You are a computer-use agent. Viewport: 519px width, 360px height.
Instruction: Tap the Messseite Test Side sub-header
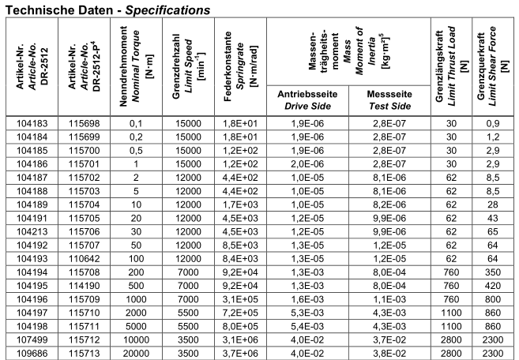[386, 122]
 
